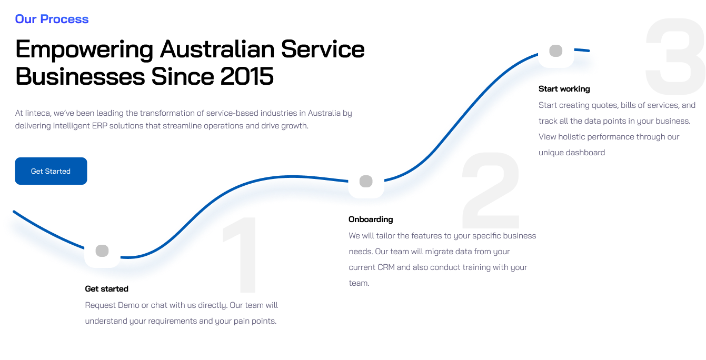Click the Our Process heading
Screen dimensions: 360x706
[x=52, y=19]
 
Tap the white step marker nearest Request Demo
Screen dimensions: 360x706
[x=102, y=251]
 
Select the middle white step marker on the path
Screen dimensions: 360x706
[x=366, y=182]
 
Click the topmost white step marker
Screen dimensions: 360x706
[x=556, y=51]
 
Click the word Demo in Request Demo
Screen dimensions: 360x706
[x=129, y=305]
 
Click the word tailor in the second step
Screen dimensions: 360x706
[x=386, y=236]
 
